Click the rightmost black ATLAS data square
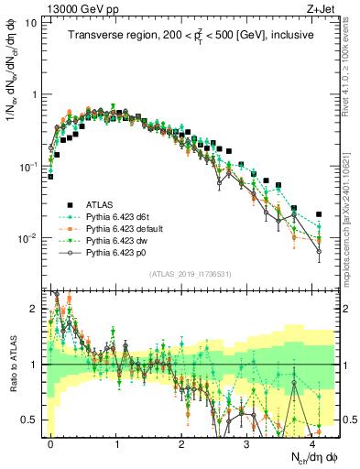319,214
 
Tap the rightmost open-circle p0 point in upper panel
319,251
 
